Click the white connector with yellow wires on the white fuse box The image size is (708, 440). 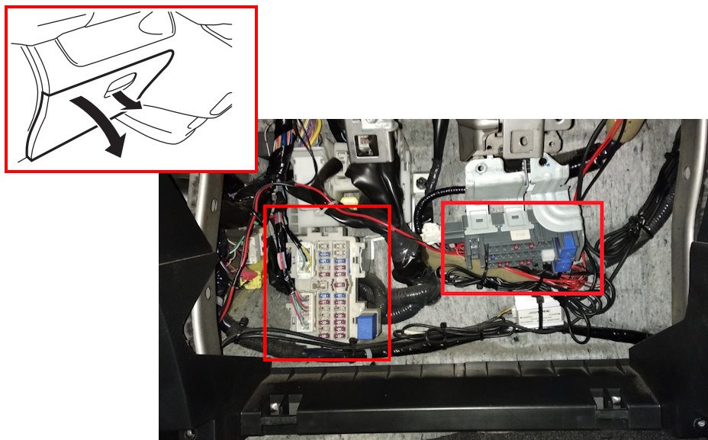[x=306, y=255]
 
